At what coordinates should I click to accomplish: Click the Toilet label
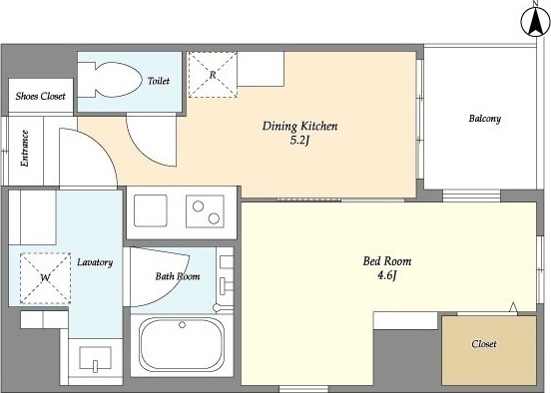click(x=159, y=81)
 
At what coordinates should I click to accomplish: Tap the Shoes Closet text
click(x=40, y=96)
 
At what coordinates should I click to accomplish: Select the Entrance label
click(x=25, y=149)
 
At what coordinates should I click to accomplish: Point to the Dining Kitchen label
click(x=299, y=126)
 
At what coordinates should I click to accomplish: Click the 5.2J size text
click(x=299, y=141)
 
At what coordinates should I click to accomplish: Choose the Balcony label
click(x=484, y=119)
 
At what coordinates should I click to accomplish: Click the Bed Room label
click(x=387, y=261)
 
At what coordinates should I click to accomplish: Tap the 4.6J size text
click(x=387, y=275)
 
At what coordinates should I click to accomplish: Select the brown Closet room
click(x=489, y=350)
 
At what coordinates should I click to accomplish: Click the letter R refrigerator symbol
click(x=213, y=75)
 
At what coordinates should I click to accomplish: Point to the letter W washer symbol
click(x=45, y=278)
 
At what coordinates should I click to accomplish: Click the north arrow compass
click(x=535, y=22)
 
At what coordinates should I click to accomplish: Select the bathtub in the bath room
click(x=182, y=344)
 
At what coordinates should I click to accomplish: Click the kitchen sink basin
click(x=151, y=210)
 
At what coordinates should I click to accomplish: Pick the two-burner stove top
click(x=205, y=211)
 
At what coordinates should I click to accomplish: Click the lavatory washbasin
click(x=95, y=358)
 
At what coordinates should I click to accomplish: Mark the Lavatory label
click(x=95, y=262)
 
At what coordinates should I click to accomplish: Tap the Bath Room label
click(x=178, y=276)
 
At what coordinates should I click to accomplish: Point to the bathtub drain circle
click(x=182, y=325)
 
